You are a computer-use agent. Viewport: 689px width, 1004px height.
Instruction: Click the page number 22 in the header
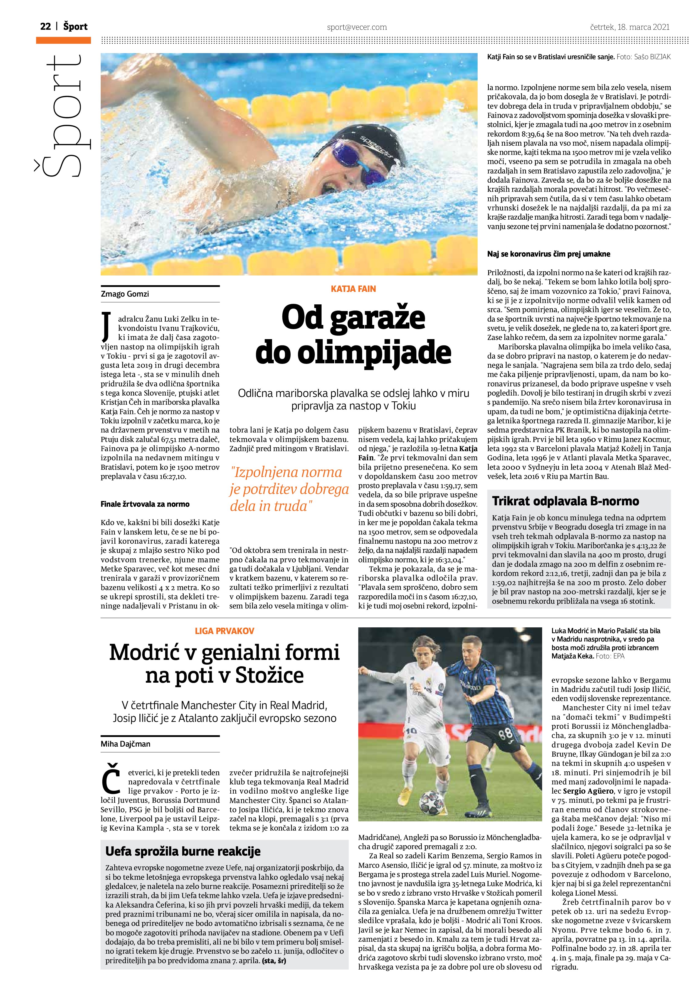pos(45,27)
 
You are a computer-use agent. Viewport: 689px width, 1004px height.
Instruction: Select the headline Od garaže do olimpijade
pos(353,335)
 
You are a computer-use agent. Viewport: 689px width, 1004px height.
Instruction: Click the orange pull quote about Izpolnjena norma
pos(289,489)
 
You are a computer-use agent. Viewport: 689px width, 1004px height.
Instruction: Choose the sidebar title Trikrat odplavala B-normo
pos(565,501)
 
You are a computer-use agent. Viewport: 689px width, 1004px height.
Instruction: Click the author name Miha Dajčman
pos(125,744)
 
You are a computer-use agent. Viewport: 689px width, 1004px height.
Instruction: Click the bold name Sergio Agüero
pos(583,791)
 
